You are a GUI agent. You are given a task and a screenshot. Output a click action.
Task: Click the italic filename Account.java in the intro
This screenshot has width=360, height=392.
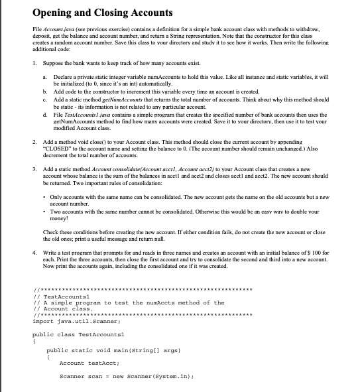[54, 31]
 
